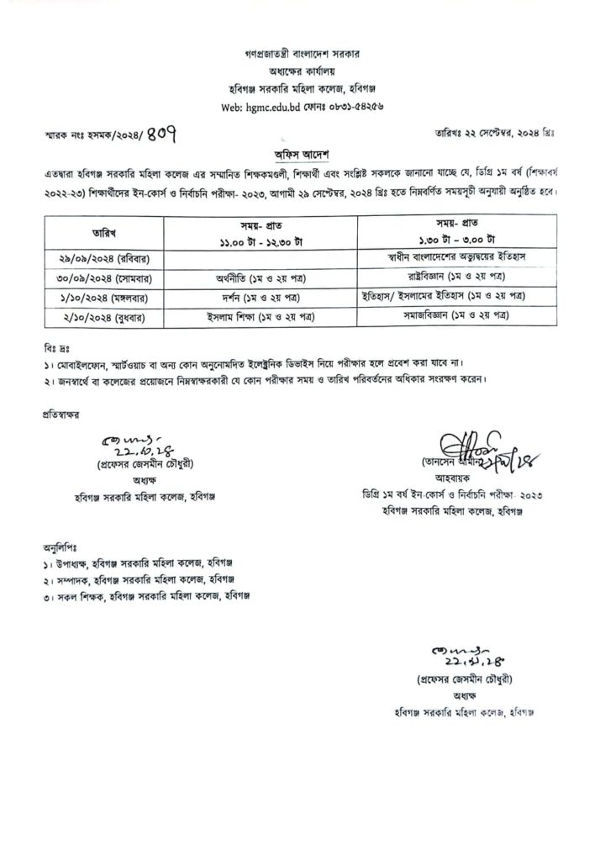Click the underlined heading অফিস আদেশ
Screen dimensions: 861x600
click(300, 156)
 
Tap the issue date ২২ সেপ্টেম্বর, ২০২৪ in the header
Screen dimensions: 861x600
click(492, 132)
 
